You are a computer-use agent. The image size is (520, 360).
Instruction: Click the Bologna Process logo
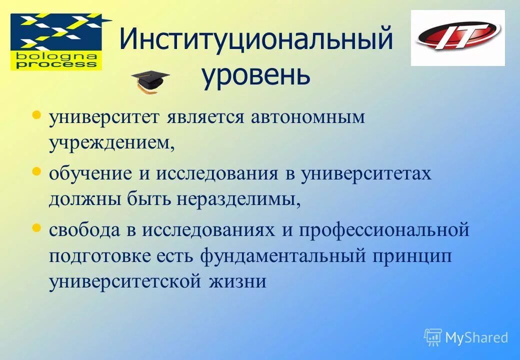pyautogui.click(x=56, y=42)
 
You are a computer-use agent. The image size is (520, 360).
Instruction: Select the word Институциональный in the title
pyautogui.click(x=255, y=39)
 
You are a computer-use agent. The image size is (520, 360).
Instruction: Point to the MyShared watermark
pyautogui.click(x=466, y=337)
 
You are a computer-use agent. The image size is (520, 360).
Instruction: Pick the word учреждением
pyautogui.click(x=112, y=143)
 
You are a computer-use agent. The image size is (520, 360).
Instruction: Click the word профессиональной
pyautogui.click(x=384, y=231)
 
